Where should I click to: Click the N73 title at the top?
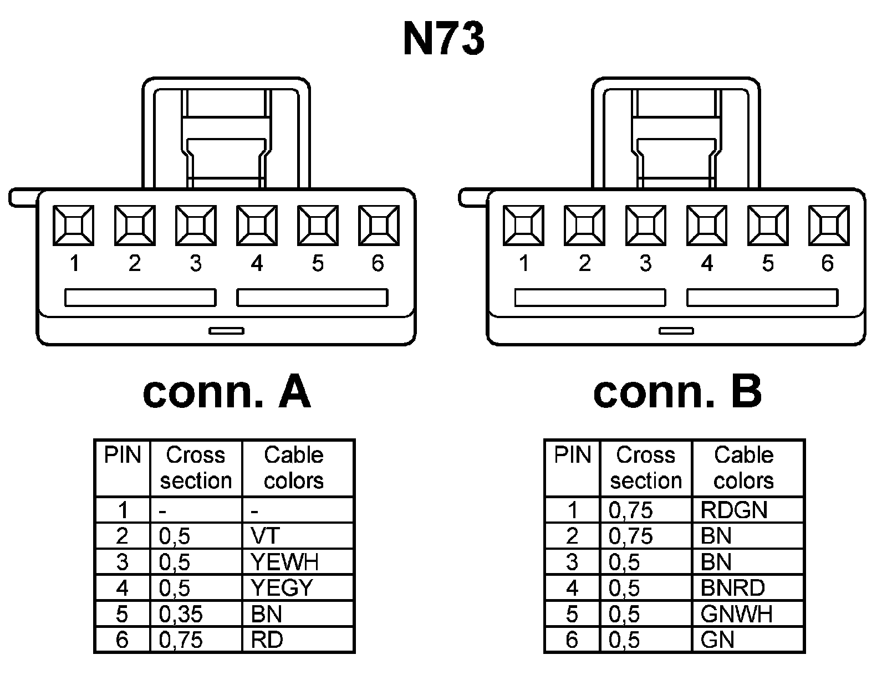coord(443,40)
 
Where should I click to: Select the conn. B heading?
coord(677,392)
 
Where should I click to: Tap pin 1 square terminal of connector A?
coord(73,225)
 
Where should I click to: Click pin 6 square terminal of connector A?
coord(379,225)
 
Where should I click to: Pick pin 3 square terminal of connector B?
coord(645,225)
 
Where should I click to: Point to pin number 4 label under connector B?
coord(706,264)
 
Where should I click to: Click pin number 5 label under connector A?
coord(317,264)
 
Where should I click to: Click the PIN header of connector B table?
coord(573,456)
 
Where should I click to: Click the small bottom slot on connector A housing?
coord(226,331)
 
